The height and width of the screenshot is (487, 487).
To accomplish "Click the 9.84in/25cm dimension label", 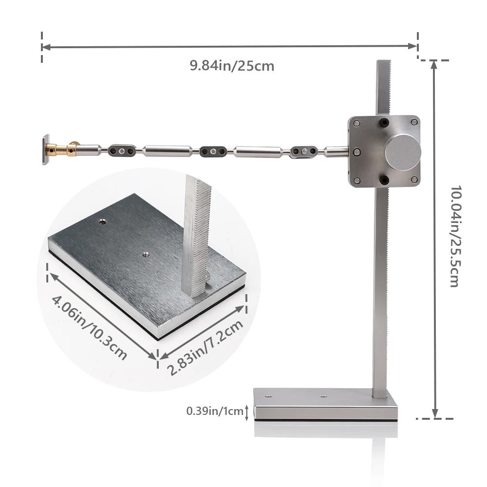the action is tap(232, 66).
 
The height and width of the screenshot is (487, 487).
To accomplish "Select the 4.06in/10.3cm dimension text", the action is tap(89, 328).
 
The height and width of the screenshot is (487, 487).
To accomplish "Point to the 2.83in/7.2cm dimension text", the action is tap(205, 347).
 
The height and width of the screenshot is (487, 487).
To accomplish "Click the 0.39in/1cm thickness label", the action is tap(215, 411).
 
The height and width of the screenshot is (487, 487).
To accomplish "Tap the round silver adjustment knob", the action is tap(403, 152).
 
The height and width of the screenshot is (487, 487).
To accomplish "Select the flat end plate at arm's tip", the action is tap(46, 150).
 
